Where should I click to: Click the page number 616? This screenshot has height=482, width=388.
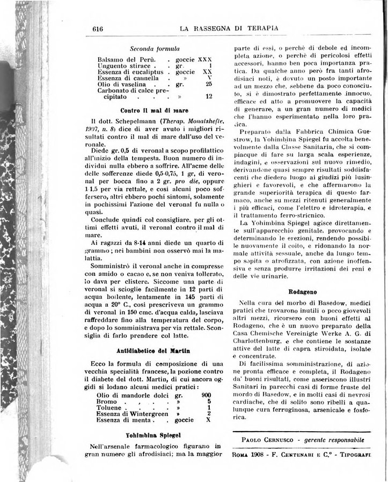coord(97,29)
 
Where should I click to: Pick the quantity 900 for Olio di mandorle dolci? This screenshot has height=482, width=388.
coord(205,394)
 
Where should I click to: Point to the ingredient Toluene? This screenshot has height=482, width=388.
coord(111,406)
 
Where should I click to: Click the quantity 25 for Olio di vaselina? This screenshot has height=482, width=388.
coord(209,84)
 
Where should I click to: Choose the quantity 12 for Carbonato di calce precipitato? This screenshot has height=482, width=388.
coord(209,97)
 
